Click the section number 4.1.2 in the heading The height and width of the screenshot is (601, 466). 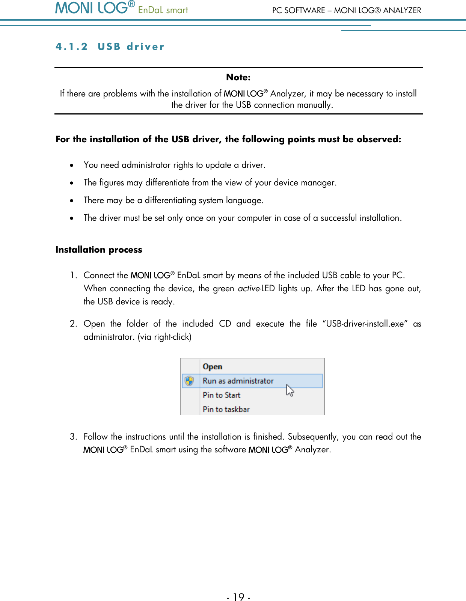71,47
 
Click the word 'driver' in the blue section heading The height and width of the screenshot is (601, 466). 145,47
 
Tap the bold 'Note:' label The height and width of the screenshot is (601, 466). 238,77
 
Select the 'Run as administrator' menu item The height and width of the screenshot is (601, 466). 238,381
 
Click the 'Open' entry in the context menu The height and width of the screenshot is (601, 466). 213,367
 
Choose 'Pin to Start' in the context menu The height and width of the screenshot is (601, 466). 222,395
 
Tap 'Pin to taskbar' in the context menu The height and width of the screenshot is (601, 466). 226,409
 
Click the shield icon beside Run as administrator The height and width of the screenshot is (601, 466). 190,381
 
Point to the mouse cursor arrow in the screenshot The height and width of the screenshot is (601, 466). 290,390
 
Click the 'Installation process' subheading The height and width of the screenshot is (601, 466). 99,250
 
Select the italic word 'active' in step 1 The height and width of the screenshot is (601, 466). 248,289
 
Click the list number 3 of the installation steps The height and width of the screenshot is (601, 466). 73,437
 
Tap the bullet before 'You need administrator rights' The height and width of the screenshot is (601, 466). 72,166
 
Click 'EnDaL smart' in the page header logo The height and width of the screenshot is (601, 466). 163,10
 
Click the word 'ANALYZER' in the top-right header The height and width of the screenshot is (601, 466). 402,11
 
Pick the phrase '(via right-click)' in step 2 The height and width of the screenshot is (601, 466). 164,337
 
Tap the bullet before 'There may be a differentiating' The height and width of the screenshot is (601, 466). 72,201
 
